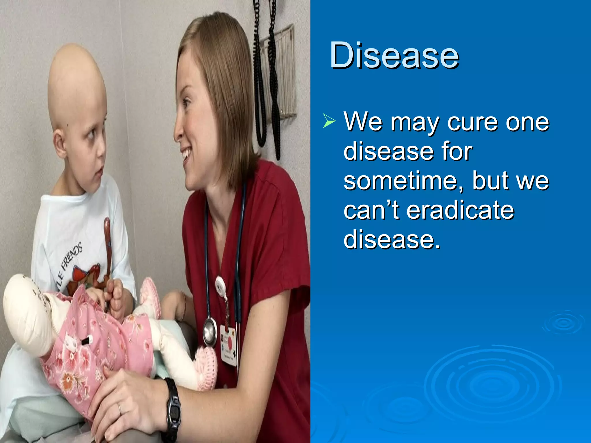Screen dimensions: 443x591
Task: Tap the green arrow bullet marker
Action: pos(329,121)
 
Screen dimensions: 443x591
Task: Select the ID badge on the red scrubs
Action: pos(229,345)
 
